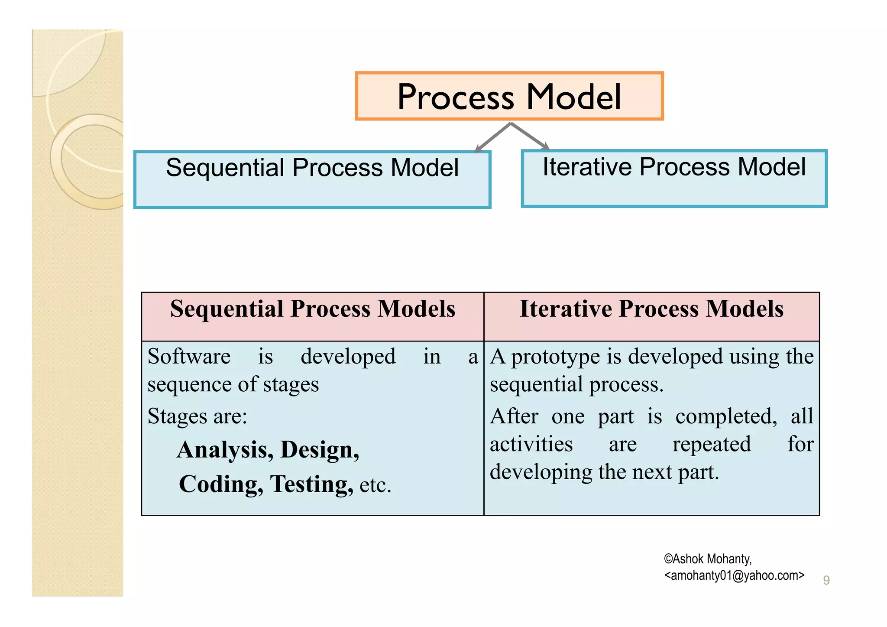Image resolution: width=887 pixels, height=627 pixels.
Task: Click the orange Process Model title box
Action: click(x=509, y=96)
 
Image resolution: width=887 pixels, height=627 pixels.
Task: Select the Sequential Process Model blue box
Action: click(x=312, y=179)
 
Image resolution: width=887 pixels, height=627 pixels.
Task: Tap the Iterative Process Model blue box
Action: click(x=674, y=179)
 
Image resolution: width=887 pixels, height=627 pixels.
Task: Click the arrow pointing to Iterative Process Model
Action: click(x=530, y=136)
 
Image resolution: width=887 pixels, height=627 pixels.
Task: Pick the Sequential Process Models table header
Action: click(x=312, y=309)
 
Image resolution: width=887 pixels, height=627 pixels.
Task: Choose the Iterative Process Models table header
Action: click(x=651, y=309)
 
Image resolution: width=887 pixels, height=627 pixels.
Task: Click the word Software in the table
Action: click(x=189, y=357)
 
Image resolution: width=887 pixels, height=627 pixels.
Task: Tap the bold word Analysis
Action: click(x=224, y=450)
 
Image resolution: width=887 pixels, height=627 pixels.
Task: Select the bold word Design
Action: click(x=320, y=450)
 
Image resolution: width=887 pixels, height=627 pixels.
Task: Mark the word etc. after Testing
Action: click(x=375, y=485)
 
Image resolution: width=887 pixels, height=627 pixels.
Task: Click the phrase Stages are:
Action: click(x=197, y=416)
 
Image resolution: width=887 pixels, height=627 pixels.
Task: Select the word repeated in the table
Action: click(x=711, y=444)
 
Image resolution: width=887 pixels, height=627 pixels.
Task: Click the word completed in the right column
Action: click(x=726, y=416)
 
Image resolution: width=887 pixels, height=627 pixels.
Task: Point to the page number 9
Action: click(x=826, y=580)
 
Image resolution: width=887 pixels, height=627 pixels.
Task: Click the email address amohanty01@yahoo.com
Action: click(x=734, y=575)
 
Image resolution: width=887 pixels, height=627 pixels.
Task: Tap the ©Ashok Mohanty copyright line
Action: click(x=708, y=559)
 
